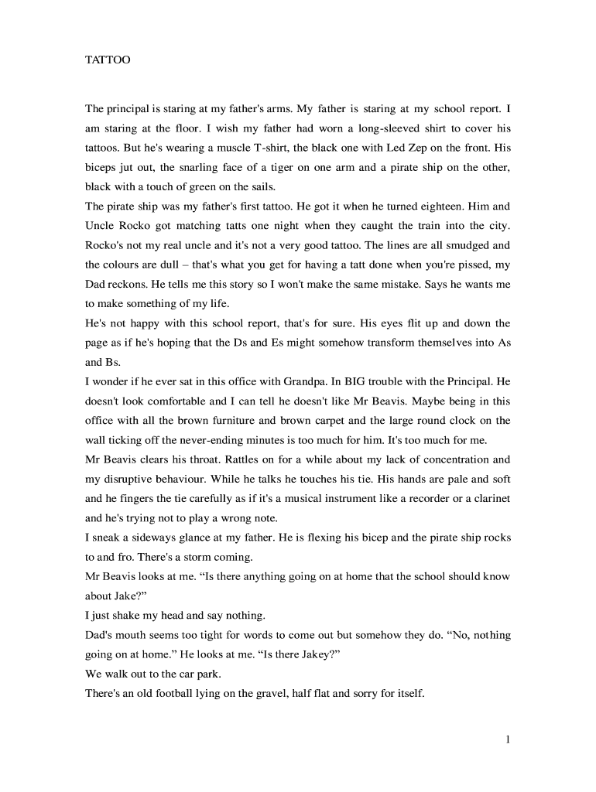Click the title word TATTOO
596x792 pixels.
click(108, 59)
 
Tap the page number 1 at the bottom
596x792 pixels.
click(508, 739)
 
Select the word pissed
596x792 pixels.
click(460, 265)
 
